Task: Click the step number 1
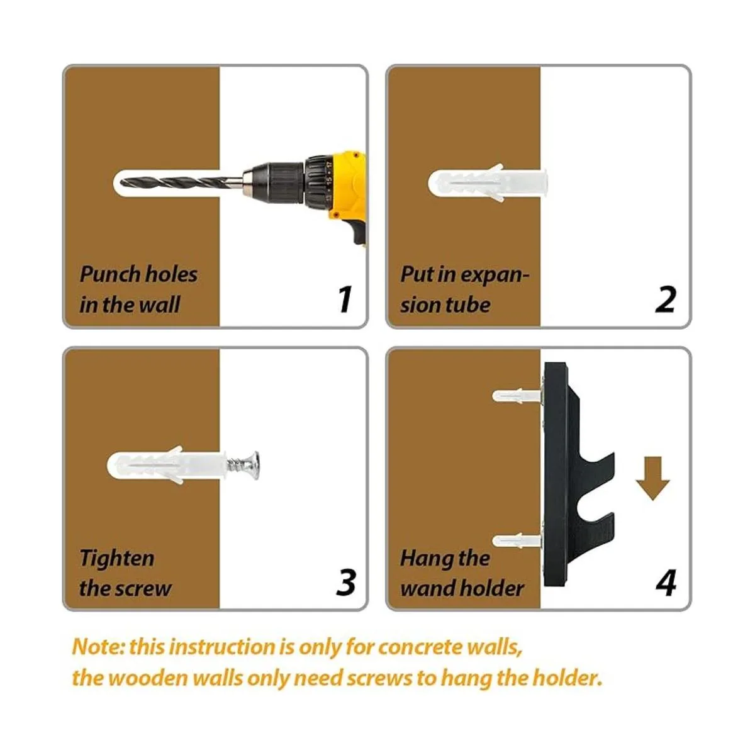(x=345, y=299)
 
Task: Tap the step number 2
(x=666, y=299)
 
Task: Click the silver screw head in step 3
(x=251, y=466)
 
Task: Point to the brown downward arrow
(x=652, y=478)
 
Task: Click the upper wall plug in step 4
(x=517, y=396)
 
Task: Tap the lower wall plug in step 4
(x=517, y=542)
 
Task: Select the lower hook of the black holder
(x=591, y=527)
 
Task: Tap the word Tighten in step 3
(x=117, y=558)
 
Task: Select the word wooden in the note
(x=149, y=678)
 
